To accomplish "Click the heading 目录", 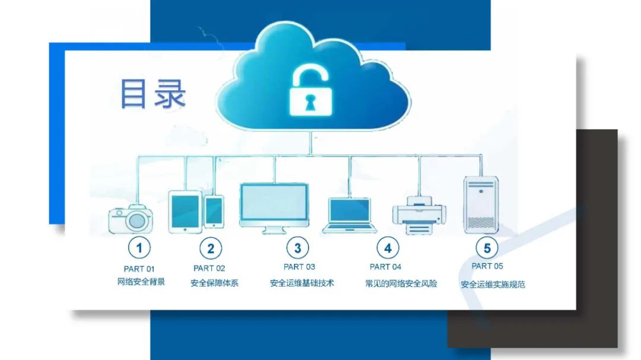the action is point(153,94).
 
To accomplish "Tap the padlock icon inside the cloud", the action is point(311,90).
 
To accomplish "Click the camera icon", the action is point(131,218).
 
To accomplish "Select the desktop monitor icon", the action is point(274,207).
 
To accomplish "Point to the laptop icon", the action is point(350,215).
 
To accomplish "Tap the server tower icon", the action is point(481,205).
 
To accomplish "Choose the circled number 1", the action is point(139,247).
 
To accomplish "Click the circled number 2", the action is point(210,247).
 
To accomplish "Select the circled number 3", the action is point(297,247).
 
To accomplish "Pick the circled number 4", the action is point(388,247).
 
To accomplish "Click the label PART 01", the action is point(139,269).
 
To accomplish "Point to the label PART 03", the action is point(300,267).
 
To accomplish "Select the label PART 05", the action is point(487,266).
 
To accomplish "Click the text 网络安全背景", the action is point(141,282).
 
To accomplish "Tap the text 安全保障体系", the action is point(214,283).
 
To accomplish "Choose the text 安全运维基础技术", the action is point(302,283).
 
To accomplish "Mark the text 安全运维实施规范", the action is point(493,284).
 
